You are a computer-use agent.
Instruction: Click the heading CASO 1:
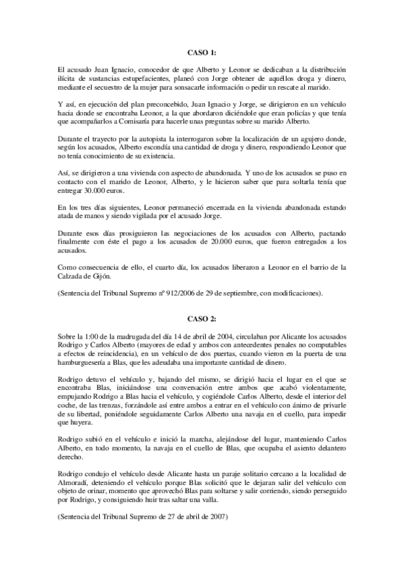[202, 53]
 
